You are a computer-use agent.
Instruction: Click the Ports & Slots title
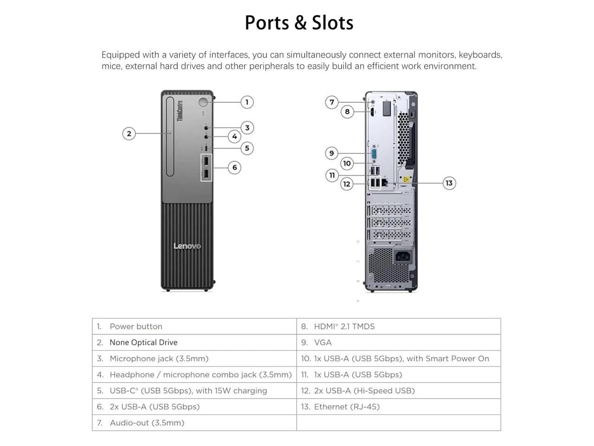coord(299,23)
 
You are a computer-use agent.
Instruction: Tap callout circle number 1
coord(247,102)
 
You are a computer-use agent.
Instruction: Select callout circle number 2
coord(129,134)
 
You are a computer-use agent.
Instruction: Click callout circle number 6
coord(234,167)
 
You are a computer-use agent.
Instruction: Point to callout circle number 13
coord(449,183)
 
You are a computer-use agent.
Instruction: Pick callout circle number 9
coord(331,153)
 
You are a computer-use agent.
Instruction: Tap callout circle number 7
coord(331,102)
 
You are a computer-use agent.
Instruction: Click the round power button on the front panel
coord(204,102)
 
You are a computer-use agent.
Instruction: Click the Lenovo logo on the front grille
coord(187,246)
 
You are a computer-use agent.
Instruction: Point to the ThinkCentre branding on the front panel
coord(180,111)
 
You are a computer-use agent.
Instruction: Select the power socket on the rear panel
coord(403,256)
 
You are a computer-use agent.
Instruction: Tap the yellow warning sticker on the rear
coord(406,179)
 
